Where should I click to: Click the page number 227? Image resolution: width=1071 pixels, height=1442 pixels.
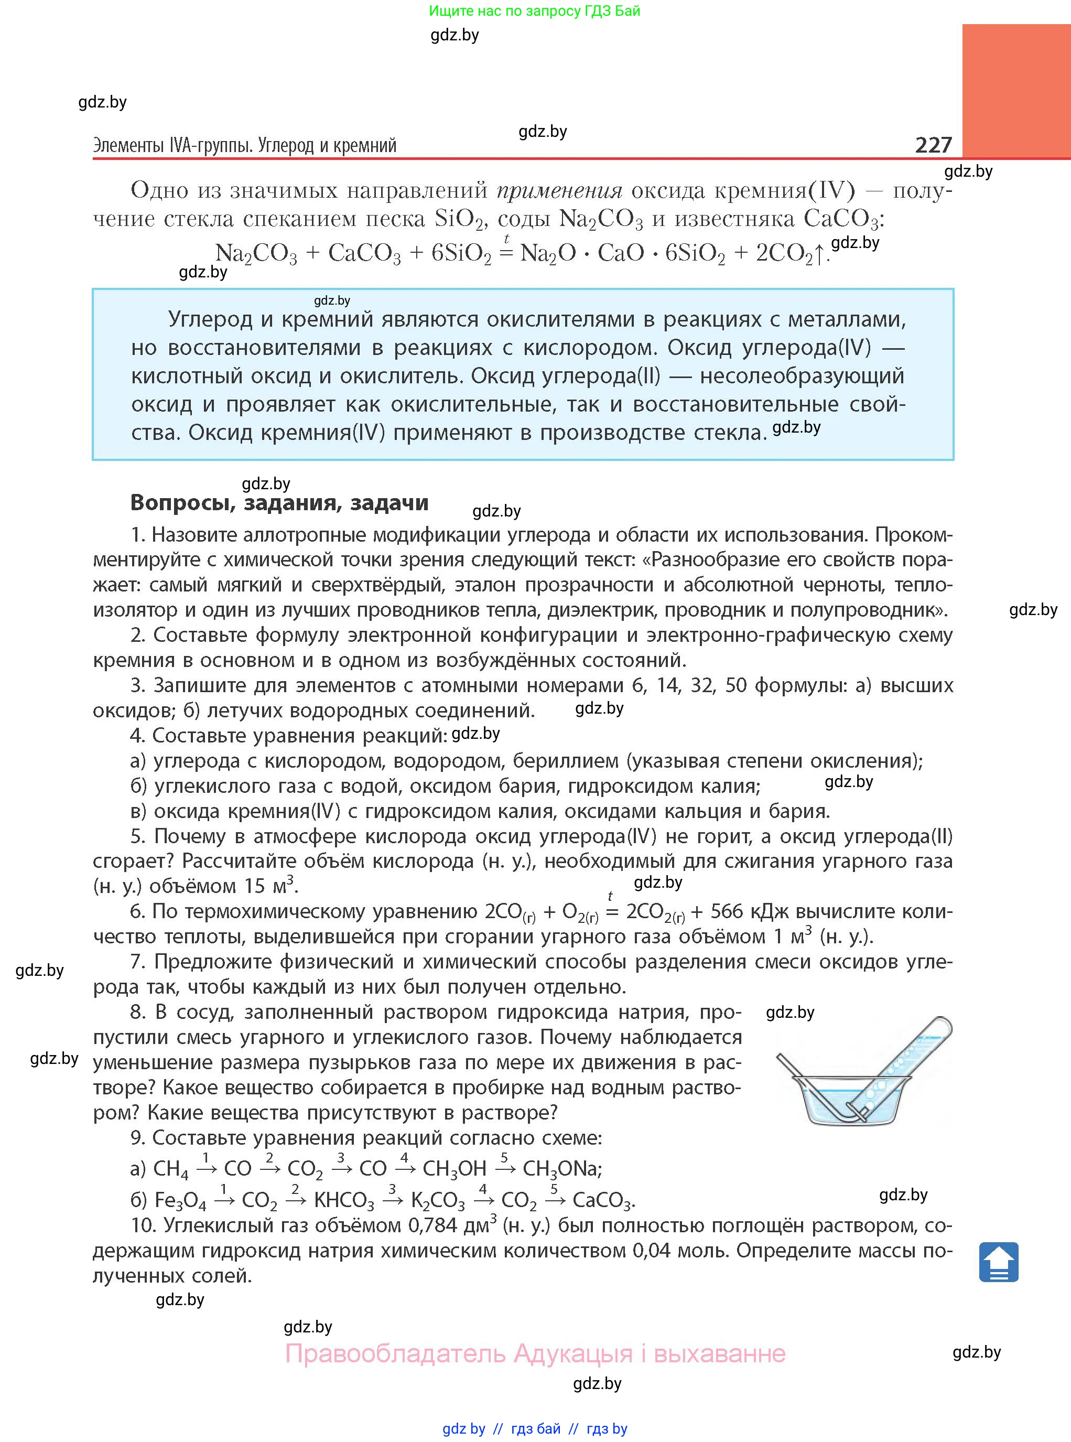[933, 145]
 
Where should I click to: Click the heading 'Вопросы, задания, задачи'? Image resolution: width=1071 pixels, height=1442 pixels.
[279, 502]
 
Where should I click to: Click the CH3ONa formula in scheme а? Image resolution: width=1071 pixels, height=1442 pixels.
[562, 1168]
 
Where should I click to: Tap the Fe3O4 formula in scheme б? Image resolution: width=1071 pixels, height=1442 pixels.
[180, 1200]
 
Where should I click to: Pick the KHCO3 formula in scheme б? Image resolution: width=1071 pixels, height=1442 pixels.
[343, 1200]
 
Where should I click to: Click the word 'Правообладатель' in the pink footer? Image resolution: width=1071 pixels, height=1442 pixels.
[395, 1354]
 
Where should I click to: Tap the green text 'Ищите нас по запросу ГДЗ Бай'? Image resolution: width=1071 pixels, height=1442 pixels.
[534, 11]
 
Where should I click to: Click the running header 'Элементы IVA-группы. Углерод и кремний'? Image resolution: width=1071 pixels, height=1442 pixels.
[244, 145]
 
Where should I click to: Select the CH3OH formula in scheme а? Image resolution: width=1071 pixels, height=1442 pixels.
[454, 1168]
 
